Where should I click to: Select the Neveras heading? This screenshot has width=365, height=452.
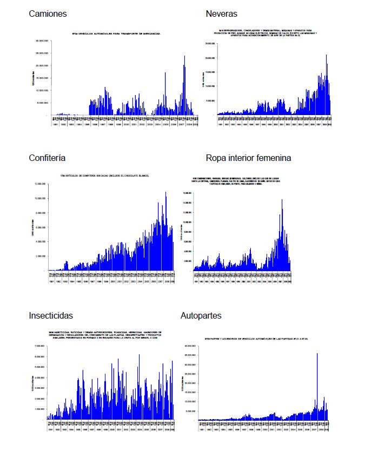[221, 14]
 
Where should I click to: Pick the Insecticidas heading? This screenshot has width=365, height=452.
[51, 315]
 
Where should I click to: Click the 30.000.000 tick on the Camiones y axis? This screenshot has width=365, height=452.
[41, 41]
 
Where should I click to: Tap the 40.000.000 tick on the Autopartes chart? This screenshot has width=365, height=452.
[190, 346]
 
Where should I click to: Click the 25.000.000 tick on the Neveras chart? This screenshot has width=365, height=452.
[210, 43]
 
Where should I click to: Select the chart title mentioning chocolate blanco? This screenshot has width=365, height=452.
[105, 176]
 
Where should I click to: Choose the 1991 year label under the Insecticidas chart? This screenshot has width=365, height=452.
[49, 430]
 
